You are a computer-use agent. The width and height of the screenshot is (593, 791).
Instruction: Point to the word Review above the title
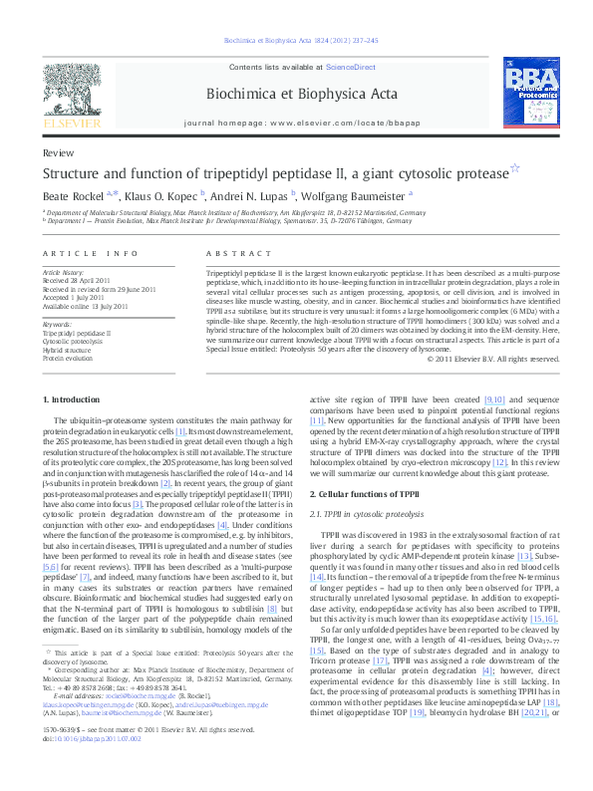pos(57,153)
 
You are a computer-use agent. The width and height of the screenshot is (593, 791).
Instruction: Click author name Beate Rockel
pos(73,196)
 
